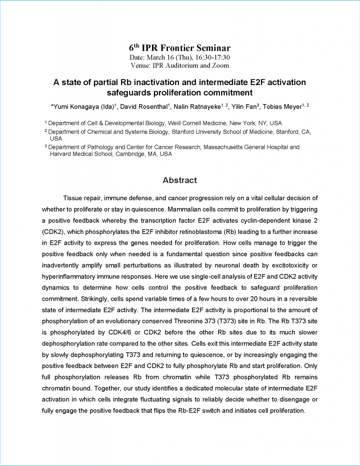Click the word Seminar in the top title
[x=212, y=48]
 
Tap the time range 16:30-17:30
[x=212, y=58]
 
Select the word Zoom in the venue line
[x=220, y=65]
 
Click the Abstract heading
[x=180, y=180]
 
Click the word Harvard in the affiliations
[x=62, y=154]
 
